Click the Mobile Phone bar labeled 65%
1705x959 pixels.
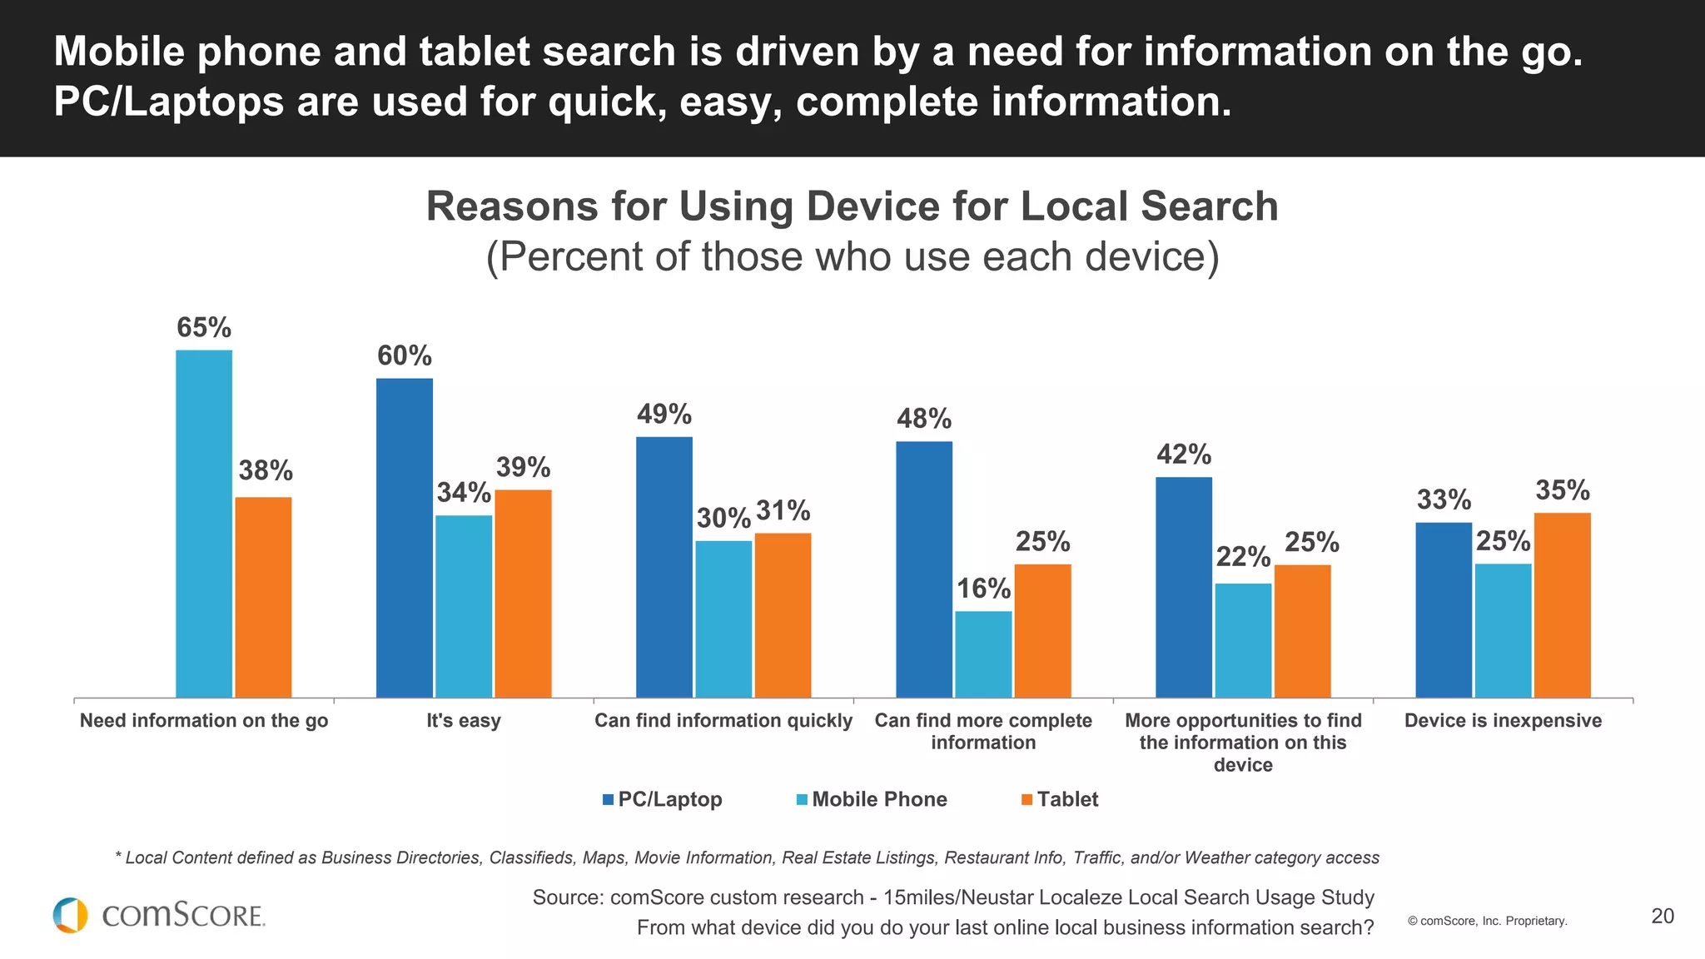[x=204, y=524]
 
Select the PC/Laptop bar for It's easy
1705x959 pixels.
[x=405, y=538]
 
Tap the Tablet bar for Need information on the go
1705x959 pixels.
[x=263, y=597]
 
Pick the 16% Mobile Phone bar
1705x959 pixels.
[x=983, y=654]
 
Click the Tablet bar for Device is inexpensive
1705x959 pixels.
[x=1562, y=605]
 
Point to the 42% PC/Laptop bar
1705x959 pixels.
[x=1184, y=587]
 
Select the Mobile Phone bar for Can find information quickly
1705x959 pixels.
[x=723, y=619]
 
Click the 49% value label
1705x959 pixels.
[x=664, y=415]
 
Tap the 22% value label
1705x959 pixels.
[x=1243, y=557]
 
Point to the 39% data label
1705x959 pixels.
[x=523, y=468]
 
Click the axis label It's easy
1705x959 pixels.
[x=464, y=721]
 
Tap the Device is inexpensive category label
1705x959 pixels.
[x=1503, y=721]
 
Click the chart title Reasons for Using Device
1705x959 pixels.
[x=852, y=206]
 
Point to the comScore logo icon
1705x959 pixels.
[x=70, y=915]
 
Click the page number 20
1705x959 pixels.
[x=1663, y=917]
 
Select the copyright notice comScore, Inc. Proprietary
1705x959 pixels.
[x=1487, y=921]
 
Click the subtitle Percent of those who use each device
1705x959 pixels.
[x=852, y=256]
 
